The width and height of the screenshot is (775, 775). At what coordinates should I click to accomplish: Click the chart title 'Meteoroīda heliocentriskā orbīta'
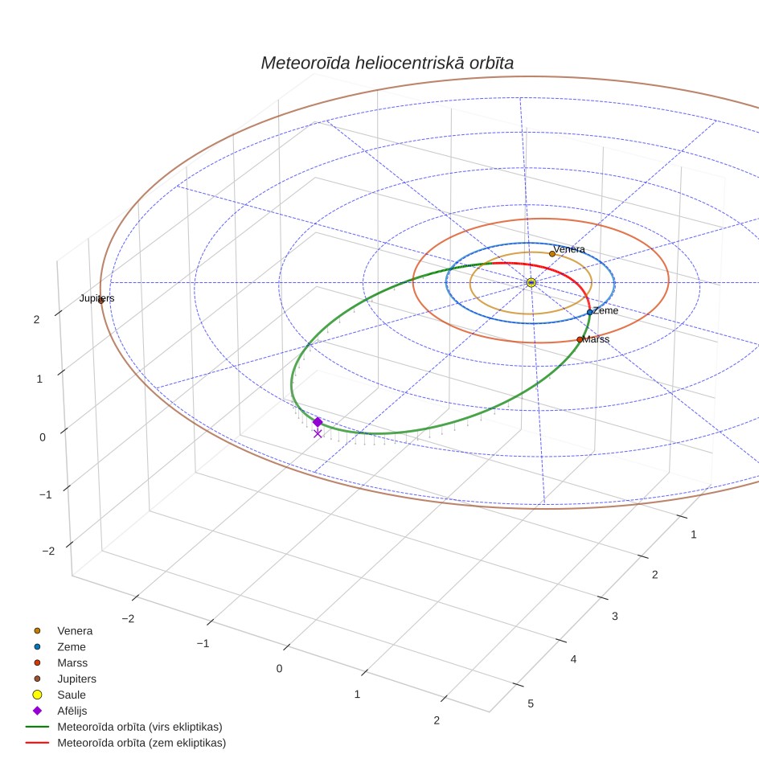pos(387,63)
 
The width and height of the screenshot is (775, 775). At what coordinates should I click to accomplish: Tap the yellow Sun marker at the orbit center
pos(531,283)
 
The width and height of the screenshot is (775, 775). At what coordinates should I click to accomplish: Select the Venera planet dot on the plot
pos(552,254)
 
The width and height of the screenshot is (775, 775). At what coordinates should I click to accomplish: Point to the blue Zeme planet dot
pos(589,313)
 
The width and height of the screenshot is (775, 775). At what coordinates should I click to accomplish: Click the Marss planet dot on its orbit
pos(580,339)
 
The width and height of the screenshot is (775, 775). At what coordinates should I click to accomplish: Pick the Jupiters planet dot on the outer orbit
pos(100,300)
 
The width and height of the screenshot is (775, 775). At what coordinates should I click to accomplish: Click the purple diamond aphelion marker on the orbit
pos(318,421)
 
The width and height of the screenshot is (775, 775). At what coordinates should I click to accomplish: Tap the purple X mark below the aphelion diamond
pos(318,433)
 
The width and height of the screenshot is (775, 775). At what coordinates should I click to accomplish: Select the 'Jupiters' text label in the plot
pos(96,298)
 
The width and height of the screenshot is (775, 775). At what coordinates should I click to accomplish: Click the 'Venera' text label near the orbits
pos(569,249)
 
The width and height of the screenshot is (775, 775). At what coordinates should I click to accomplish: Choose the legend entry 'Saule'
pos(72,695)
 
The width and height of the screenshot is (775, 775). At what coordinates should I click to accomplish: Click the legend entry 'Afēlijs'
pos(72,711)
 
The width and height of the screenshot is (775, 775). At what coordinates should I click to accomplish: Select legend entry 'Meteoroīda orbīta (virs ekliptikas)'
pos(140,727)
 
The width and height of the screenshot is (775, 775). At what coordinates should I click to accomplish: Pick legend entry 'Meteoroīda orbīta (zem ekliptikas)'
pos(141,743)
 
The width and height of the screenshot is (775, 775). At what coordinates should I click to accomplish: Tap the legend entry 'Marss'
pos(72,662)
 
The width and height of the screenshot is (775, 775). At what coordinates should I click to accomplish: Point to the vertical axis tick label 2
pos(36,320)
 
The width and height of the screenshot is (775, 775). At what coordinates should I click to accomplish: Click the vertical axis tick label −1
pos(46,494)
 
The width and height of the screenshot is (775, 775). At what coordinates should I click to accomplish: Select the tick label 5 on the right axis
pos(531,703)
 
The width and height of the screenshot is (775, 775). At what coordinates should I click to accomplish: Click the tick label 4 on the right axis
pos(573,659)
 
